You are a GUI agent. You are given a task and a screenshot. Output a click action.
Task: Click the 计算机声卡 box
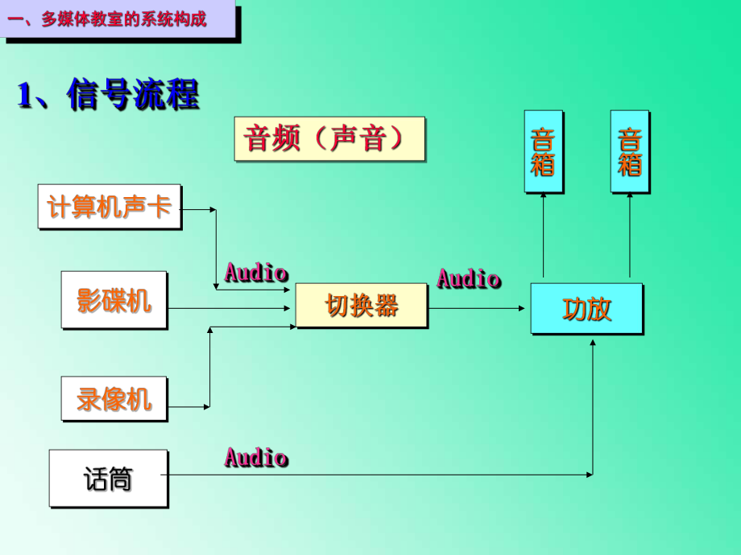[x=110, y=208]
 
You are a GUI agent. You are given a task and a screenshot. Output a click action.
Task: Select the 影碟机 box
[x=114, y=300]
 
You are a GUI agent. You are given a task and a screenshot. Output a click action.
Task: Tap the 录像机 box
[x=114, y=399]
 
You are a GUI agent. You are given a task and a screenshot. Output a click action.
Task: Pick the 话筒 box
[x=108, y=479]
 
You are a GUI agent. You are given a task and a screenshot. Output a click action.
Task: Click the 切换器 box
[x=362, y=306]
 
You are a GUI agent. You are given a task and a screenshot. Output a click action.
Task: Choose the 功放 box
[x=586, y=309]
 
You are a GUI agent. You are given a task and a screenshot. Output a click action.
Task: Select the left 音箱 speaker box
[x=543, y=152]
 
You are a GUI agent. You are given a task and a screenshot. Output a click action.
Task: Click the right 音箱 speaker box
[x=629, y=152]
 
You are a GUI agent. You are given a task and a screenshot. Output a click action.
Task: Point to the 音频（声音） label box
[x=329, y=139]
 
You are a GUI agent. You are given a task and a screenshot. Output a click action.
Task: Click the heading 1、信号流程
[x=108, y=95]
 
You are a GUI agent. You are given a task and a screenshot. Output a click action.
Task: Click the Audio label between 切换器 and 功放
[x=469, y=279]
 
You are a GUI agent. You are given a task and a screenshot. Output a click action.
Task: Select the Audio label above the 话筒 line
[x=256, y=458]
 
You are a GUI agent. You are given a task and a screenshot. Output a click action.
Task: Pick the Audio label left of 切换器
[x=256, y=272]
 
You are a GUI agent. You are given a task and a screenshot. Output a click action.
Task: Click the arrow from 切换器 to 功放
[x=478, y=308]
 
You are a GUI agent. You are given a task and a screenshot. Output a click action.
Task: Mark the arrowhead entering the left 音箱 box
[x=543, y=198]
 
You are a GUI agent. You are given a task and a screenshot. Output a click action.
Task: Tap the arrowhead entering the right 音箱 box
[x=630, y=198]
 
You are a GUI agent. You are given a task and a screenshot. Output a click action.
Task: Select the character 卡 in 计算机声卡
[x=161, y=208]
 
